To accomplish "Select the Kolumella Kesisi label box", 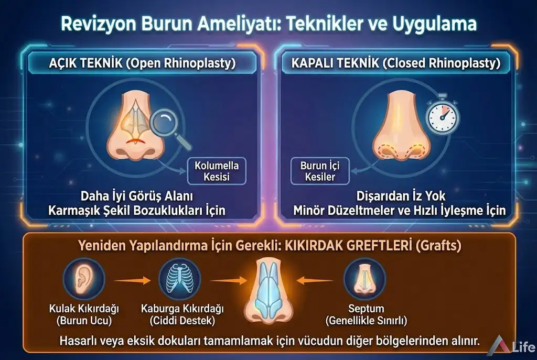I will point(217,171).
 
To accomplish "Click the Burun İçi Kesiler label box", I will point(320,171).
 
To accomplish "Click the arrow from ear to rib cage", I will point(132,281).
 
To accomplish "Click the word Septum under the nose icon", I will point(366,309).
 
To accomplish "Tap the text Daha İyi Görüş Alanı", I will point(137,196).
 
